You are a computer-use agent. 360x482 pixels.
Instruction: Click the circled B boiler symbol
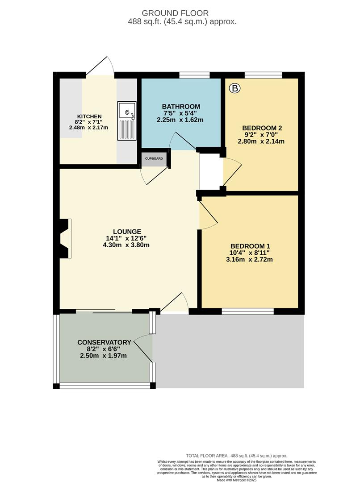[234, 88]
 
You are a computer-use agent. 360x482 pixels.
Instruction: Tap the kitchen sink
[127, 120]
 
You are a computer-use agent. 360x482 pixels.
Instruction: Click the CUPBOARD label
[154, 158]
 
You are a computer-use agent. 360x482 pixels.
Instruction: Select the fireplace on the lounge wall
[63, 238]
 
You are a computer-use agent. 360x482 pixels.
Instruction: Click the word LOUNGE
[127, 232]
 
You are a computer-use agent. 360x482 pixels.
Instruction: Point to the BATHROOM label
[181, 106]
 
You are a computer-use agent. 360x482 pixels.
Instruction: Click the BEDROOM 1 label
[250, 246]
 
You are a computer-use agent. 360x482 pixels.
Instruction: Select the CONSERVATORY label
[104, 342]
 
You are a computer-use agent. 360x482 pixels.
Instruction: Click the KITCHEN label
[89, 116]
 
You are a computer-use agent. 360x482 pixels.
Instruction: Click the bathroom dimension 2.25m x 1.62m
[180, 120]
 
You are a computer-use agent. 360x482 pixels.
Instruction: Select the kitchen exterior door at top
[100, 67]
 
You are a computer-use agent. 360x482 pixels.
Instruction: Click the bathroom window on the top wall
[194, 75]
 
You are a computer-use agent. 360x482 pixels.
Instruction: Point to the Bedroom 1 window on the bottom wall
[248, 311]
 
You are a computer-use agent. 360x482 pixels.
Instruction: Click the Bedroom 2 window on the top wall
[263, 75]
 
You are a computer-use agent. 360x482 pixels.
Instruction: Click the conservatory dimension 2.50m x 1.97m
[103, 356]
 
